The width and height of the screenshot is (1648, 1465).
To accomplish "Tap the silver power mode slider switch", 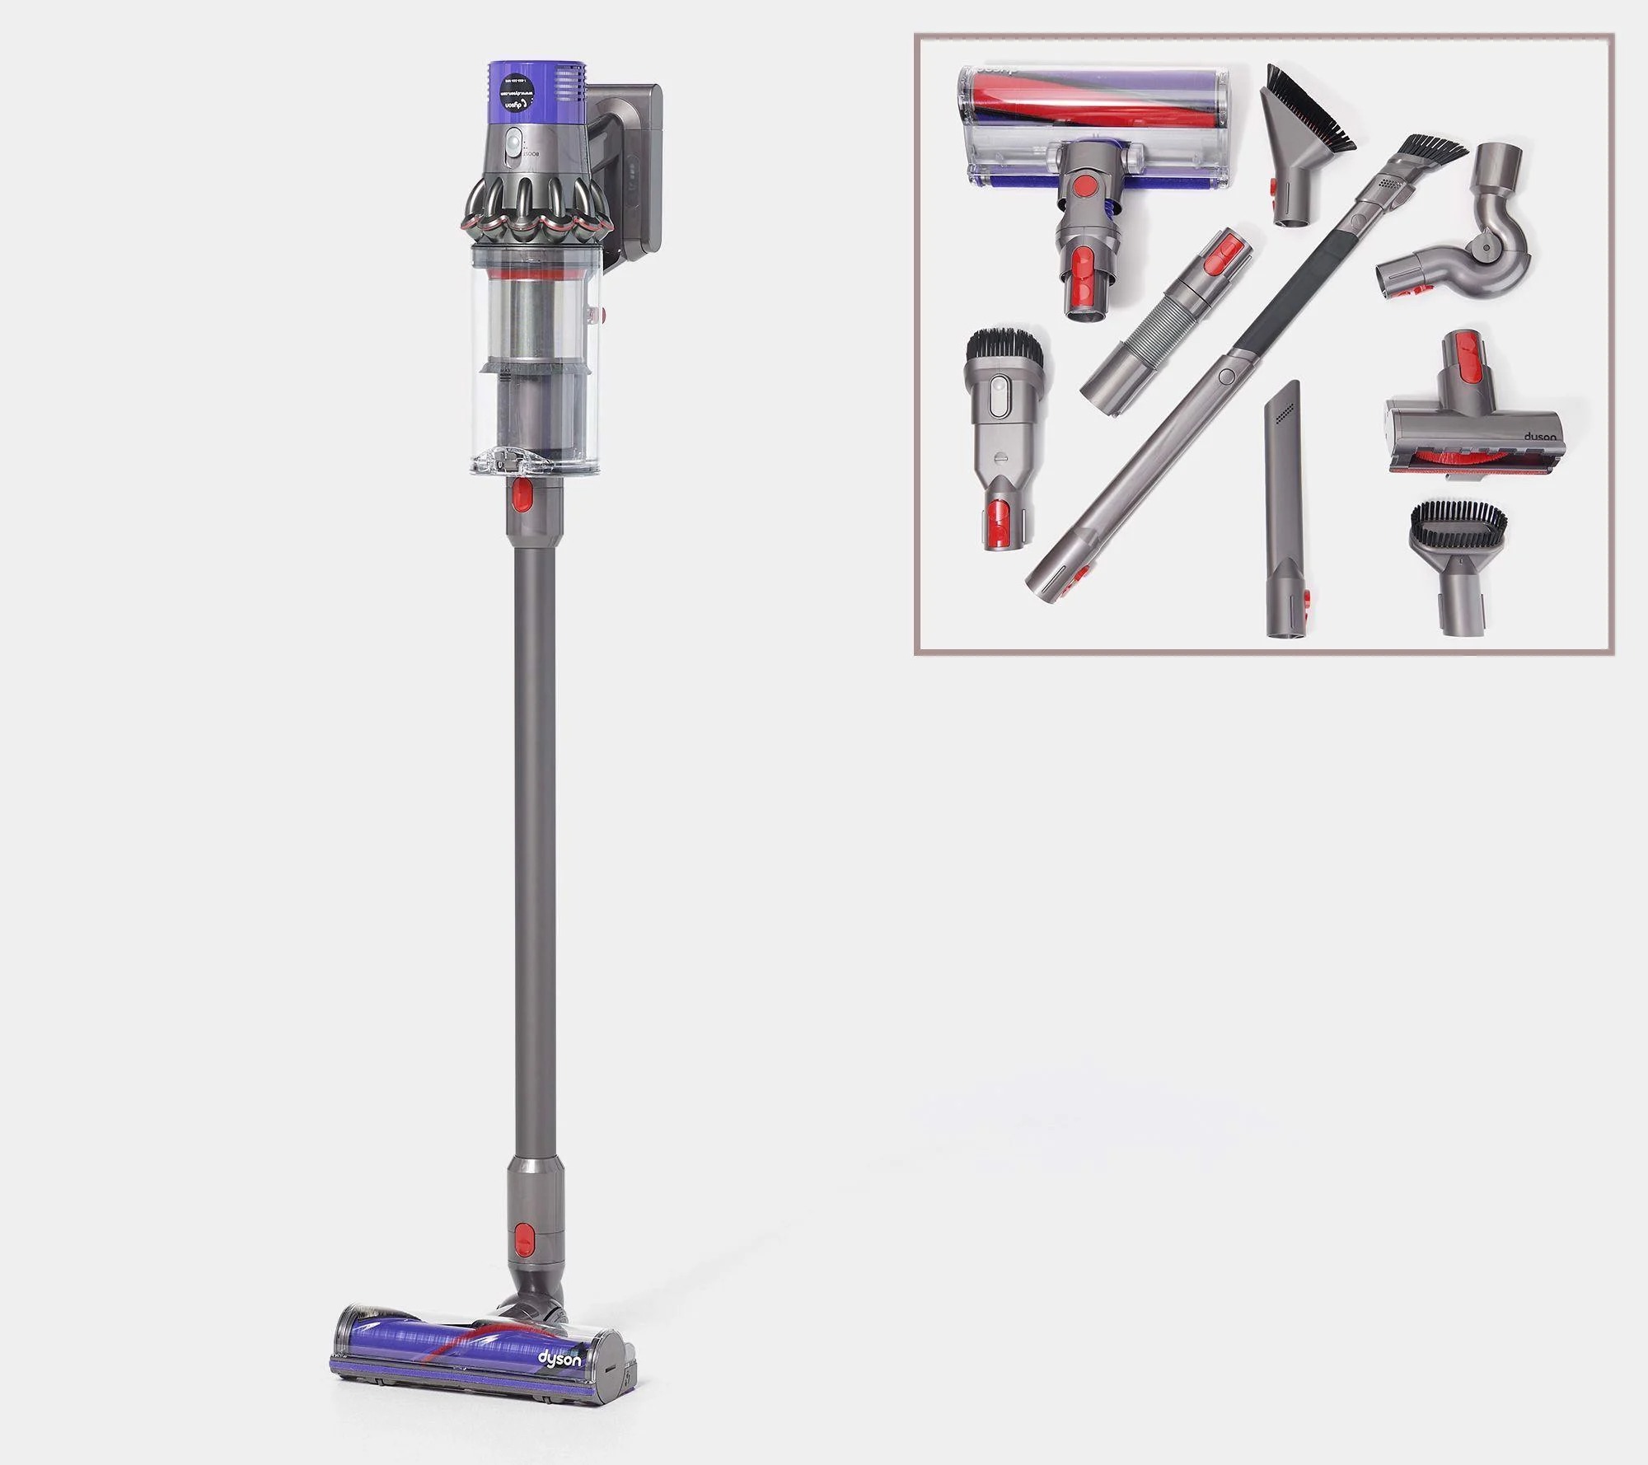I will click(x=515, y=147).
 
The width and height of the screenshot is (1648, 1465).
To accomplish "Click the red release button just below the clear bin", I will click(x=521, y=495).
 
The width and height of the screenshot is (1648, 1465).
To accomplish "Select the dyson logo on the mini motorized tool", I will click(x=1538, y=438).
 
